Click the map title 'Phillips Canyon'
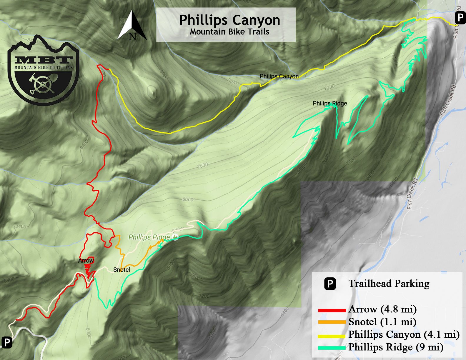(x=229, y=20)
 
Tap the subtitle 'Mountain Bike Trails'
(x=229, y=32)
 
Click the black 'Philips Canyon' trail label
(x=279, y=76)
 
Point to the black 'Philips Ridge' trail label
(x=329, y=104)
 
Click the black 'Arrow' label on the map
(x=86, y=261)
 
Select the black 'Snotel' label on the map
(x=122, y=270)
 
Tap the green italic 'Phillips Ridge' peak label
(x=149, y=237)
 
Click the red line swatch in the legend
(x=332, y=310)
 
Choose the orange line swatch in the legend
(x=332, y=322)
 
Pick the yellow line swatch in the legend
(x=332, y=335)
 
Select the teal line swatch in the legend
(x=332, y=348)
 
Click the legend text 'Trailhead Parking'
(x=389, y=284)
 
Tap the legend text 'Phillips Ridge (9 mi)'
(x=396, y=347)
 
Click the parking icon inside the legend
(x=330, y=284)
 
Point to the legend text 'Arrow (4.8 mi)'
(x=382, y=309)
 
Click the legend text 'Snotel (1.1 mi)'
(x=382, y=322)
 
